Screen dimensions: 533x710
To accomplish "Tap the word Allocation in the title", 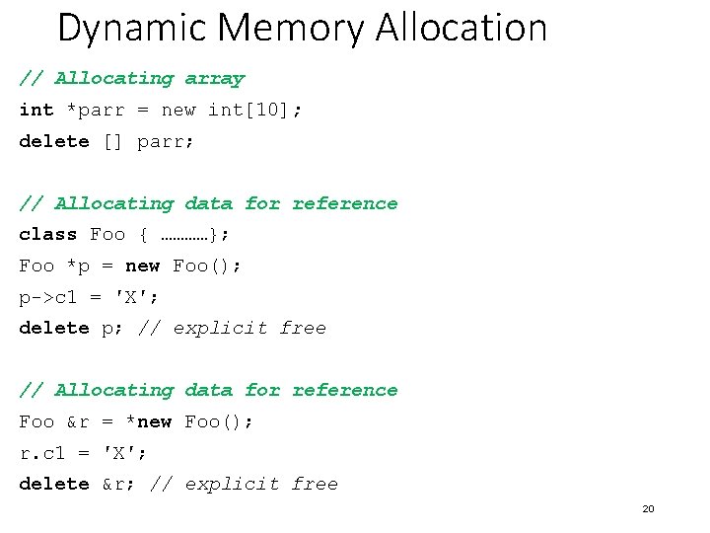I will click(x=461, y=28).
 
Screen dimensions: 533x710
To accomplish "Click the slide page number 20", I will click(x=648, y=509).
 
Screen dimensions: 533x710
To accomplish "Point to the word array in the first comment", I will click(x=214, y=78).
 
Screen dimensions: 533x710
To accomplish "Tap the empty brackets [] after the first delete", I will click(x=113, y=141).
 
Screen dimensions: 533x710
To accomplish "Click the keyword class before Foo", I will click(x=48, y=234).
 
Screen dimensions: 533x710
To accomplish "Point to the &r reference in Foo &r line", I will click(x=78, y=421).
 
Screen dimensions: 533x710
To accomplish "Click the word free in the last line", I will click(x=315, y=484).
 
